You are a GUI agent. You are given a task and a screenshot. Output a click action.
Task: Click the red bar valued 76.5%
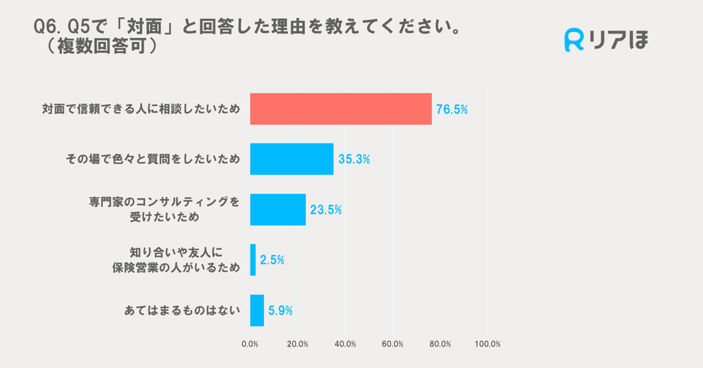[340, 109]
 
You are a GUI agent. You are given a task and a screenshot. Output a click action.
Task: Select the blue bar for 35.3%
[292, 159]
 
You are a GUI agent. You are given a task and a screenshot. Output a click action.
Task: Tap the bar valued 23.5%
[277, 209]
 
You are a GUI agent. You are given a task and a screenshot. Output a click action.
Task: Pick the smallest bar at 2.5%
[253, 260]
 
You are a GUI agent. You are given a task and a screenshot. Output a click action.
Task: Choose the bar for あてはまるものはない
[257, 310]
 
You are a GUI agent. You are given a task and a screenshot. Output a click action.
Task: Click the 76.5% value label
[452, 110]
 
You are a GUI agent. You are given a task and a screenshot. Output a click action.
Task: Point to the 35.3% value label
[354, 159]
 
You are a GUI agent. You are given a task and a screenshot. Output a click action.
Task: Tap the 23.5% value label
[325, 210]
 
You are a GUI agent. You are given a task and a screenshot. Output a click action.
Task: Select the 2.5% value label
[272, 260]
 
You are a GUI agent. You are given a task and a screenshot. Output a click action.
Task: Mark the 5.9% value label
[281, 310]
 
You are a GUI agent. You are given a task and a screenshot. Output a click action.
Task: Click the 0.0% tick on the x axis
[250, 344]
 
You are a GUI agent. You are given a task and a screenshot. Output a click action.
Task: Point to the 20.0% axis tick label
[298, 344]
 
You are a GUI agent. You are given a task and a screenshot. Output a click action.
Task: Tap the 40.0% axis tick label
[345, 344]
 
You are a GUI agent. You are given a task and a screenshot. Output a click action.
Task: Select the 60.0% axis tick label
[393, 344]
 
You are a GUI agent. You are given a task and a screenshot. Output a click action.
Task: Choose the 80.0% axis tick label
[440, 344]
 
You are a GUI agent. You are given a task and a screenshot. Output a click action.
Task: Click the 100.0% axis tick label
[488, 344]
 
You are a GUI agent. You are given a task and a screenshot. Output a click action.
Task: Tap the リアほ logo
[606, 40]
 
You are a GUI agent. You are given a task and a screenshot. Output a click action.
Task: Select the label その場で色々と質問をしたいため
[153, 159]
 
